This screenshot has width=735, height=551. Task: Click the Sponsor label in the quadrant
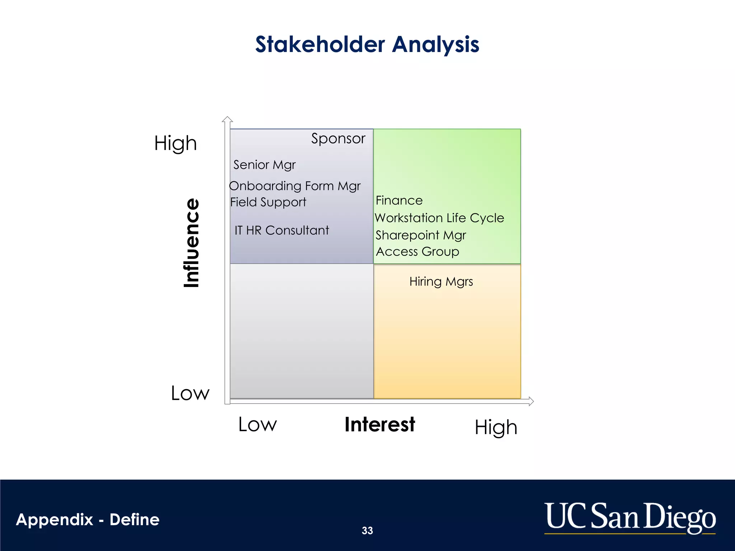coord(338,138)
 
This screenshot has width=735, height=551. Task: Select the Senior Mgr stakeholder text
coord(264,165)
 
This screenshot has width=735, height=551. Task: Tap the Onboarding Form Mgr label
coord(295,186)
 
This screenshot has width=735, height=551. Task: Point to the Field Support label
coord(268,202)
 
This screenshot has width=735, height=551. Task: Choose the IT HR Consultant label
coord(282,230)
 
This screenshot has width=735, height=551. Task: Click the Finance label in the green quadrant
coord(399,200)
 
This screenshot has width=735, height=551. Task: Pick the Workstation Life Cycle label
coord(439,218)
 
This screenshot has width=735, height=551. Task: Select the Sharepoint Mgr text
coord(421,235)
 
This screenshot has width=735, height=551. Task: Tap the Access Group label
coord(417,251)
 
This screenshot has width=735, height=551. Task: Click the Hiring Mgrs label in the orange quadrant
coord(441,282)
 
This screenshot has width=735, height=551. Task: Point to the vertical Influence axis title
coord(191,243)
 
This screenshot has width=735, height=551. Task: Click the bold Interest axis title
coord(380,424)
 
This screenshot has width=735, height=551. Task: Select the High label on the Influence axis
coord(175,143)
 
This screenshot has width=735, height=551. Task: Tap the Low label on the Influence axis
coord(190,393)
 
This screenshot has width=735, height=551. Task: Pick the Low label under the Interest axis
coord(258,424)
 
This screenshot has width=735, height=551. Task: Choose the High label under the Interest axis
coord(496,427)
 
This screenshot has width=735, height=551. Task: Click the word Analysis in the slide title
coord(435,44)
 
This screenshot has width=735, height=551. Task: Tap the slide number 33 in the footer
coord(367,531)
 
